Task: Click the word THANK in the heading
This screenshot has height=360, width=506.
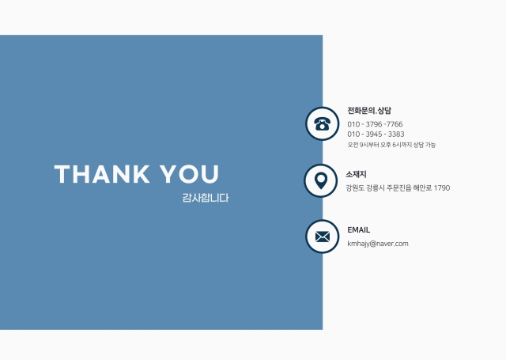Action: coord(102,174)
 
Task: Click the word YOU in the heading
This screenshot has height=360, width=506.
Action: coord(190,174)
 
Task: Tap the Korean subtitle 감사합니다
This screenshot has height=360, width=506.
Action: coord(206,198)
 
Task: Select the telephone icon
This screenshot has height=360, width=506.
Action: coord(322,124)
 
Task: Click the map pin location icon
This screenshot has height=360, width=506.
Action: coord(321,181)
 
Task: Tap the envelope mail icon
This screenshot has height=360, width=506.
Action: coord(323,237)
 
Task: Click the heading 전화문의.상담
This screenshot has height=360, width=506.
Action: coord(369,111)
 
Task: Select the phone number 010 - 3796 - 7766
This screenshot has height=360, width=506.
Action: coord(375,124)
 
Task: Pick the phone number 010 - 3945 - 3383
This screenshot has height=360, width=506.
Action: coord(376,135)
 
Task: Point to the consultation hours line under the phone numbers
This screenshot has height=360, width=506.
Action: coord(391,145)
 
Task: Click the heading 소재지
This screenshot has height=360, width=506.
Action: coord(357,174)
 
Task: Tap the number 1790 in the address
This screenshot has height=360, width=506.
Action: coord(442,188)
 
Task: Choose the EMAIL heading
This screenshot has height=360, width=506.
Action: coord(358,230)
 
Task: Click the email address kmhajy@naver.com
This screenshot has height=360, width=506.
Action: coord(378,244)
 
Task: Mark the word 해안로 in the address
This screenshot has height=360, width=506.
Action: coord(422,188)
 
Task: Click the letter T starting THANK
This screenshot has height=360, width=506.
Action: coord(62,174)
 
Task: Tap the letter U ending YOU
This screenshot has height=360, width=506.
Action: coord(211,174)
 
